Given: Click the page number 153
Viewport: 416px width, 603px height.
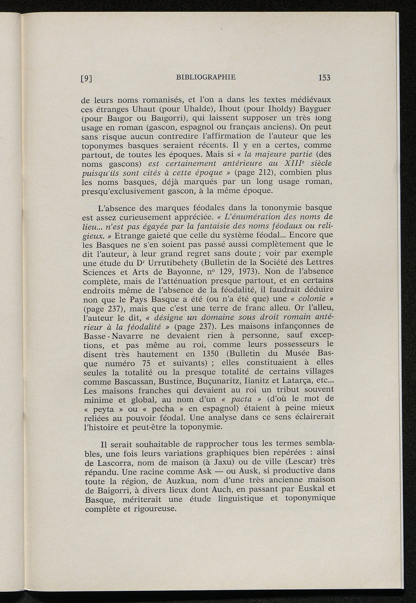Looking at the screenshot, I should click(325, 78).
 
